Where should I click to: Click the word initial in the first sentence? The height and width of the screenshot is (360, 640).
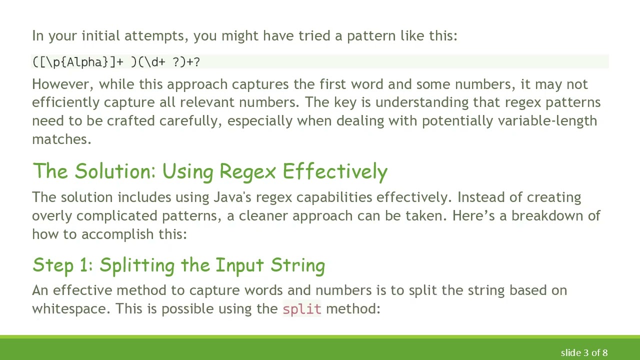pyautogui.click(x=101, y=36)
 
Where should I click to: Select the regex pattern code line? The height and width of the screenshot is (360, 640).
pyautogui.click(x=116, y=62)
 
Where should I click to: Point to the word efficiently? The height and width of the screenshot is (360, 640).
pyautogui.click(x=65, y=102)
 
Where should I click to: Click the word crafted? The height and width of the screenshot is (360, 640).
pyautogui.click(x=131, y=121)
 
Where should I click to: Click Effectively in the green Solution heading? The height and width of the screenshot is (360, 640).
pyautogui.click(x=335, y=171)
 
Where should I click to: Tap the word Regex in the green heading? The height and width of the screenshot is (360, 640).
pyautogui.click(x=247, y=171)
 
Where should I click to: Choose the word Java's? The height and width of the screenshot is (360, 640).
pyautogui.click(x=232, y=197)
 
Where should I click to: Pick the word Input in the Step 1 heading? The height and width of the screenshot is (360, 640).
pyautogui.click(x=240, y=265)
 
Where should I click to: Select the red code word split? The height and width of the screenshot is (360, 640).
pyautogui.click(x=301, y=309)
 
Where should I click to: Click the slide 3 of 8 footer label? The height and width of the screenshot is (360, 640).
pyautogui.click(x=584, y=353)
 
